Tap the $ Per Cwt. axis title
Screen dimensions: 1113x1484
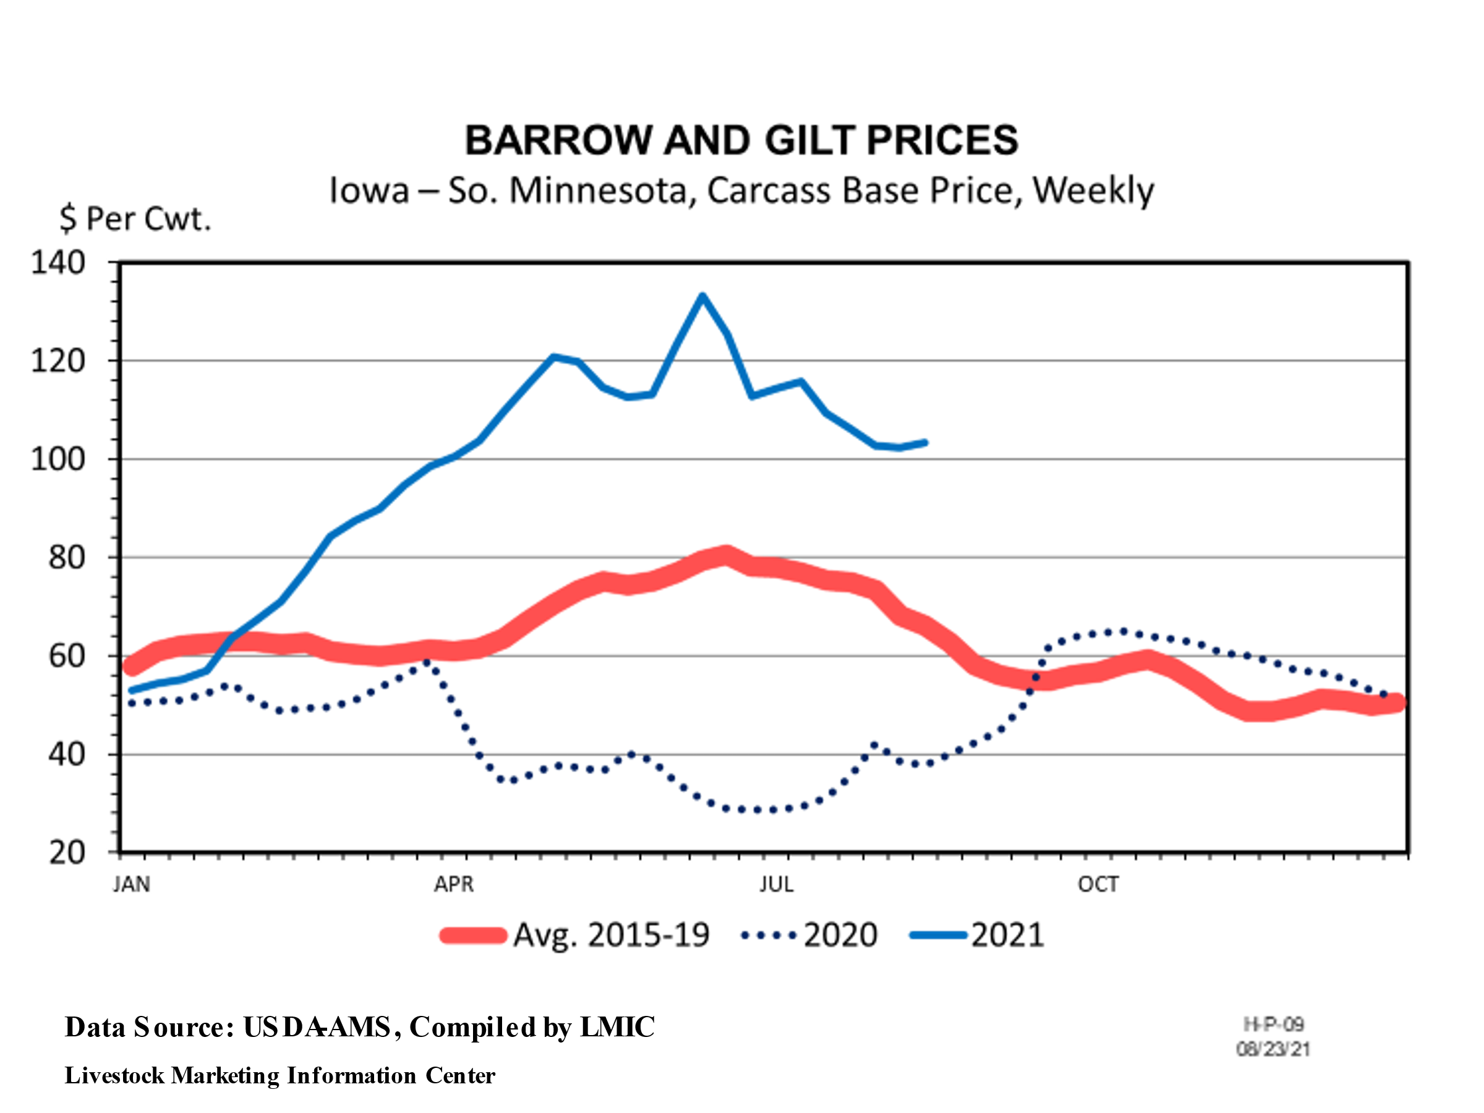pos(135,219)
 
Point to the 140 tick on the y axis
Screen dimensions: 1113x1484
pos(58,262)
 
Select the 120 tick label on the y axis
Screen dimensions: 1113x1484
pos(58,361)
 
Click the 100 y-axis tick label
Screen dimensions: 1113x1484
pos(58,459)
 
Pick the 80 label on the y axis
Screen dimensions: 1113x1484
pos(66,558)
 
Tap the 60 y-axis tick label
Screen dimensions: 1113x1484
pos(66,656)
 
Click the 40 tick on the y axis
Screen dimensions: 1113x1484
pos(66,755)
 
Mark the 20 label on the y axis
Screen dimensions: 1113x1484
pos(66,853)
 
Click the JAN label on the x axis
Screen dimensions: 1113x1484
pos(132,884)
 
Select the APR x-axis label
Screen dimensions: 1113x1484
pos(454,884)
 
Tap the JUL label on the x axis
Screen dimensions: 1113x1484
pos(776,884)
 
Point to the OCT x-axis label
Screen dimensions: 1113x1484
pos(1098,884)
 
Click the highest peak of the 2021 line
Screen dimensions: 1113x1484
pos(702,296)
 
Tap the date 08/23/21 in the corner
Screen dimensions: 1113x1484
pos(1273,1049)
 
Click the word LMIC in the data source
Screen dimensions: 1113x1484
pos(616,1027)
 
